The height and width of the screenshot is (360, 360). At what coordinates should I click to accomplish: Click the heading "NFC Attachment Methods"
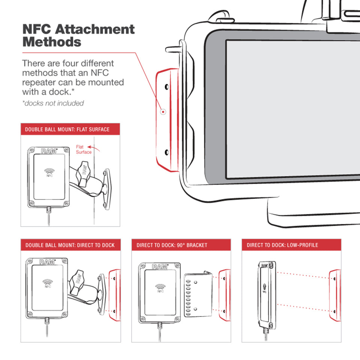tap(78, 35)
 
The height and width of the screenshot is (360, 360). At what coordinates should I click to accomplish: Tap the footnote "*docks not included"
tap(53, 103)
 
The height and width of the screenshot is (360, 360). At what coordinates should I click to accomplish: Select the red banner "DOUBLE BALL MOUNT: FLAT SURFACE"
tap(67, 129)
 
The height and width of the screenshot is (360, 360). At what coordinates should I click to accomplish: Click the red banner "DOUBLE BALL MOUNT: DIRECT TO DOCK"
tap(70, 245)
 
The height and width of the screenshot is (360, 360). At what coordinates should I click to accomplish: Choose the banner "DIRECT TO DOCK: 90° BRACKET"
tap(172, 245)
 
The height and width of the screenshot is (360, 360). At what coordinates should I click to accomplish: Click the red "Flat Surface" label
tap(83, 150)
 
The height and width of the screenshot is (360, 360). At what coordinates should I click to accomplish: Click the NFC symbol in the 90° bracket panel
tap(160, 287)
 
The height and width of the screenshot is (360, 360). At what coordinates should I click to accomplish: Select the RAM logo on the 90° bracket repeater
tap(160, 267)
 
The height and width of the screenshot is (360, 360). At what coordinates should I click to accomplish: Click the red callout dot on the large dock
tap(163, 112)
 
